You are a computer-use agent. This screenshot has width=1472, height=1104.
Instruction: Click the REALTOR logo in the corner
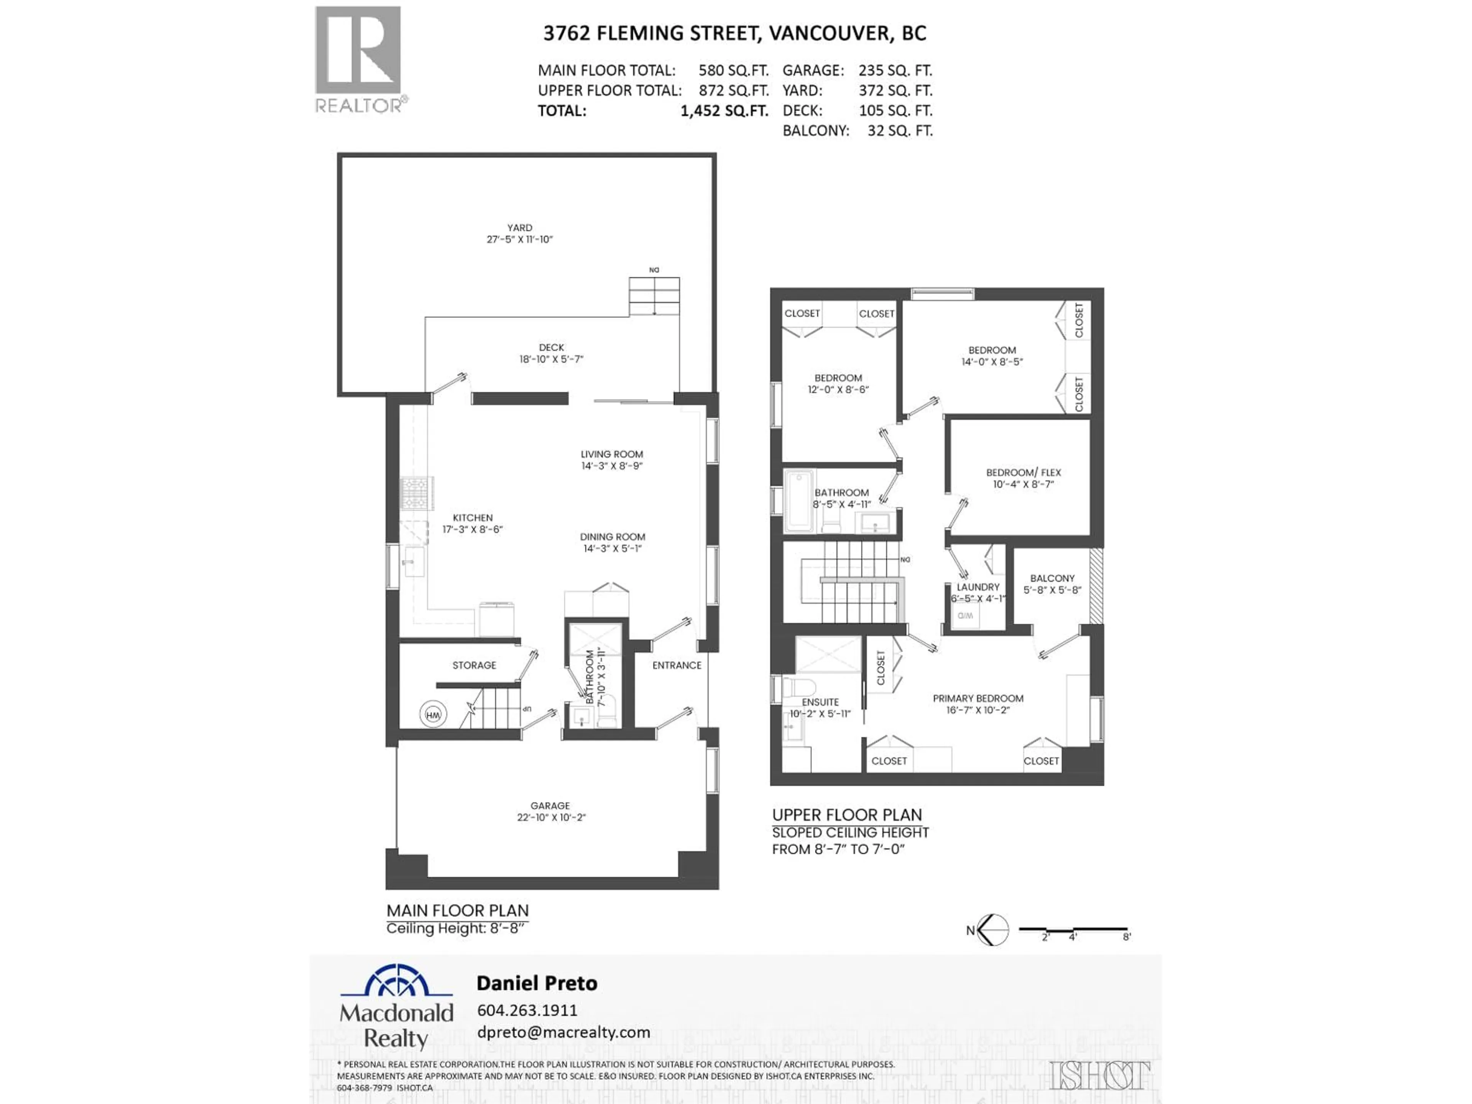click(359, 60)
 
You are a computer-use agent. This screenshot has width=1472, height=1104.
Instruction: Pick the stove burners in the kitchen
click(417, 493)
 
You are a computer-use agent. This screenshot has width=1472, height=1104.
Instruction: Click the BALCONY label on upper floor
click(1052, 578)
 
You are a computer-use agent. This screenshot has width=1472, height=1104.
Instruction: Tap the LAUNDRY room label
click(978, 587)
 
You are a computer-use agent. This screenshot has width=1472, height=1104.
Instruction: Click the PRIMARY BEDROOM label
click(978, 698)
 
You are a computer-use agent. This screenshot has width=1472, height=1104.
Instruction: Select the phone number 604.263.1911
click(527, 1010)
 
